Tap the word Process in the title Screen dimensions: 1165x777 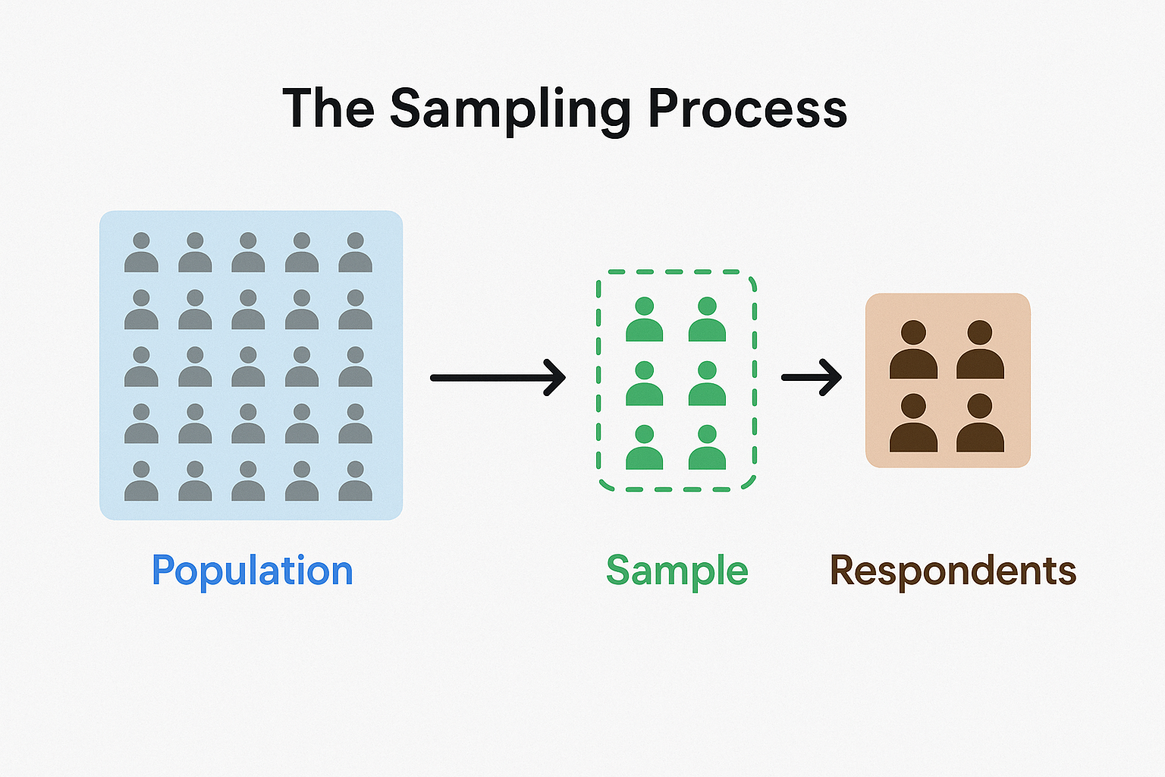[748, 109]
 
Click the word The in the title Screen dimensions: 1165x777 [328, 108]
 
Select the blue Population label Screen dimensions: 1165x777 [253, 571]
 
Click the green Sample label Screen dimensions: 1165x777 [677, 571]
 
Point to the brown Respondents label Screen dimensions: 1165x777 [953, 571]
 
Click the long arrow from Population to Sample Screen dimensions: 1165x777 [498, 378]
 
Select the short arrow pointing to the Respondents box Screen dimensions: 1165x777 [812, 377]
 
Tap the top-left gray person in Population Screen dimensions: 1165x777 [142, 253]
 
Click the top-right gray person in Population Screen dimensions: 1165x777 [355, 253]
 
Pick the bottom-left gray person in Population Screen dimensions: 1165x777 [142, 481]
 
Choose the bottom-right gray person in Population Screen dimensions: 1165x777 [355, 481]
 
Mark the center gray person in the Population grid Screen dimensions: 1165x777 [248, 366]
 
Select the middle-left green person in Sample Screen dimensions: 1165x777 [645, 383]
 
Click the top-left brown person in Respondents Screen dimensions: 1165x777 [913, 349]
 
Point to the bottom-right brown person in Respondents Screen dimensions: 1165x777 [981, 423]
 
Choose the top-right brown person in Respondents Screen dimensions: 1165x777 [981, 349]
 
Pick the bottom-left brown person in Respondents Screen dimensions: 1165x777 [913, 423]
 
